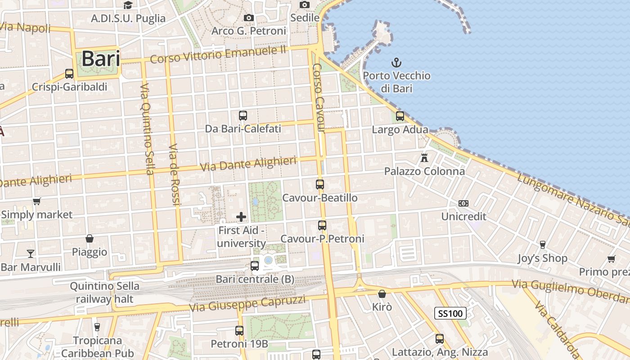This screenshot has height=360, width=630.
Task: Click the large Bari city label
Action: (x=101, y=58)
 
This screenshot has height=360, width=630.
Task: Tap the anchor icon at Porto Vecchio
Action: (x=396, y=62)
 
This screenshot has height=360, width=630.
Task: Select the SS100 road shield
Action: (x=450, y=313)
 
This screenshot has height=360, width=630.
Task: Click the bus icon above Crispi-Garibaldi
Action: (x=69, y=74)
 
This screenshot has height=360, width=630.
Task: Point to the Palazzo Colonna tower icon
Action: (x=424, y=158)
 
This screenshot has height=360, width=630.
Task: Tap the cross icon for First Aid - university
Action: (x=241, y=217)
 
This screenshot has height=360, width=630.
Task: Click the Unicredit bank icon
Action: (x=463, y=203)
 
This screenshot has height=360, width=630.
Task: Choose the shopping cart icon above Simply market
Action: (x=36, y=201)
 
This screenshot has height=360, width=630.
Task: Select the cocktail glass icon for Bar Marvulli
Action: (x=30, y=254)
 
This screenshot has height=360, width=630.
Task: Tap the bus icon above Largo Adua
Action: (x=400, y=116)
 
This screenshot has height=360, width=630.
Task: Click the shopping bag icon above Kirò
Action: (x=382, y=294)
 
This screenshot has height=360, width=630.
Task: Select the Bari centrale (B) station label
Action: (x=255, y=279)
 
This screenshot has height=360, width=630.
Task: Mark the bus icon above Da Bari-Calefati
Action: (x=243, y=115)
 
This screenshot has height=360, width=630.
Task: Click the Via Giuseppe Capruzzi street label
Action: (x=247, y=304)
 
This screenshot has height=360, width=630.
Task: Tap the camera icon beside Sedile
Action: (x=305, y=4)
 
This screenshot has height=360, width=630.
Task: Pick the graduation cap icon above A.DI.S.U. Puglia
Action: (x=128, y=5)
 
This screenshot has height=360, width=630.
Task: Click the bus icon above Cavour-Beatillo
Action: (x=320, y=184)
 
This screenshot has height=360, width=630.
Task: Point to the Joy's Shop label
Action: (x=542, y=258)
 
